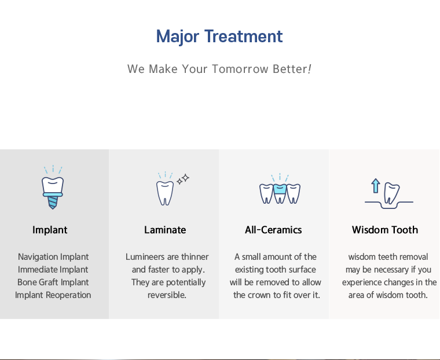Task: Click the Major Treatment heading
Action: click(x=219, y=37)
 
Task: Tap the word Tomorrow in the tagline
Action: click(x=240, y=69)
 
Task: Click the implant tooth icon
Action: click(x=53, y=187)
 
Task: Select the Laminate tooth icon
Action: click(x=165, y=189)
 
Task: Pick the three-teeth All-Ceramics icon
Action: click(x=280, y=189)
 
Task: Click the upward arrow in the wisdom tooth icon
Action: click(x=376, y=186)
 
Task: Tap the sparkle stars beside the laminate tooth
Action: click(x=183, y=179)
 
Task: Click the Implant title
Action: click(x=50, y=230)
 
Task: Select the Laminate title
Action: click(x=165, y=230)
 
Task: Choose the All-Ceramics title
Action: click(x=273, y=230)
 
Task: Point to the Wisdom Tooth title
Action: click(x=385, y=230)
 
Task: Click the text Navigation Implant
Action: click(x=53, y=257)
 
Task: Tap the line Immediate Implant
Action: click(x=53, y=269)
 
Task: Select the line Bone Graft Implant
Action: click(x=53, y=282)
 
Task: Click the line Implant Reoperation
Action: click(x=53, y=295)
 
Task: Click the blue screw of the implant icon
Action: click(x=53, y=203)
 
